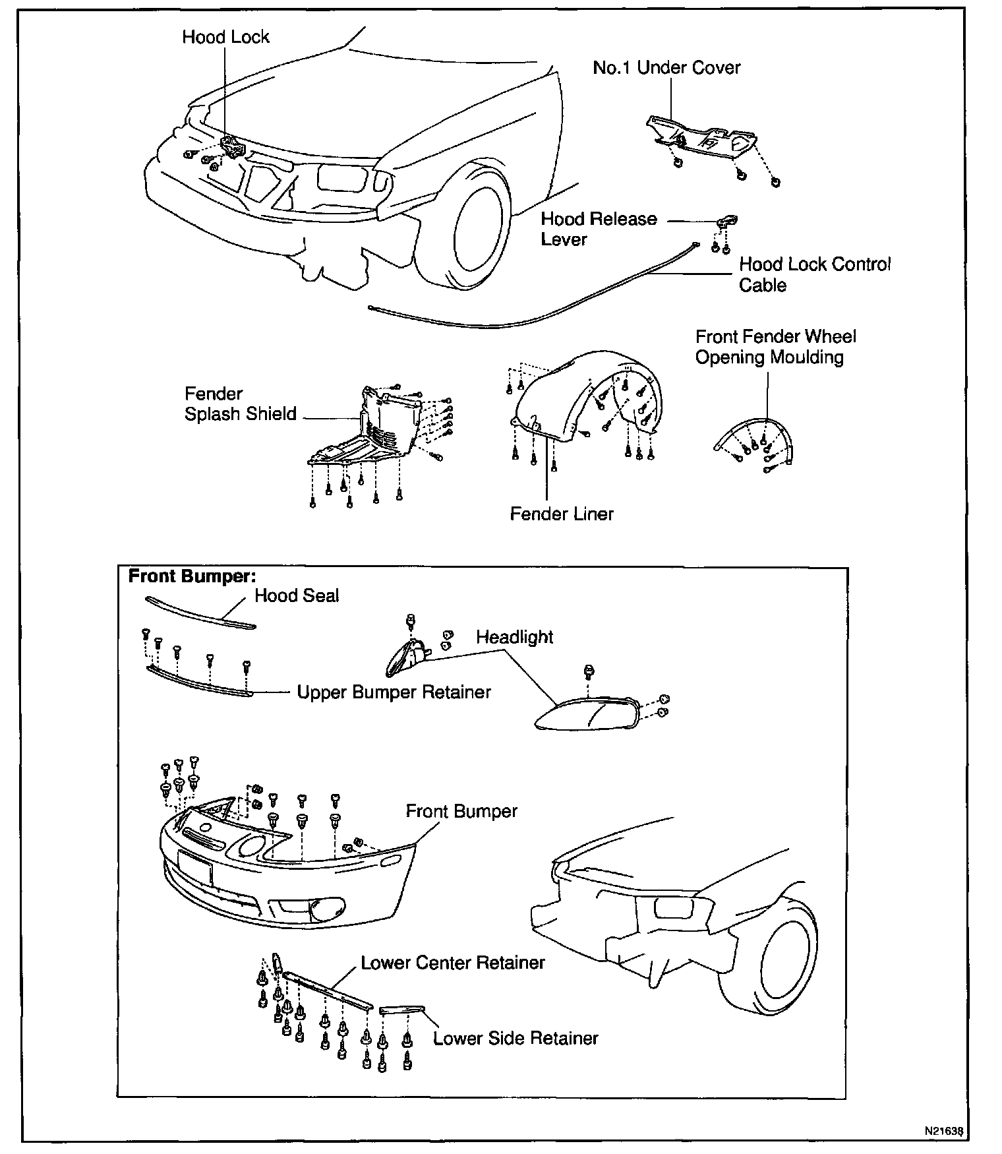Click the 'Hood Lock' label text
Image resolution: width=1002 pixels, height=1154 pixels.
225,37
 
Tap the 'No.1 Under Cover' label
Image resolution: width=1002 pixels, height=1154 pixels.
666,68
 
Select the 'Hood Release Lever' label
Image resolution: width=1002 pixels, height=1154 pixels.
599,229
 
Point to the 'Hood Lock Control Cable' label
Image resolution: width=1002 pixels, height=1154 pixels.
814,275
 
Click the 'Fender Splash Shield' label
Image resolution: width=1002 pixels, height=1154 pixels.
240,404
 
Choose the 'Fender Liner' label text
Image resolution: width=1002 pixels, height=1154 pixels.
562,514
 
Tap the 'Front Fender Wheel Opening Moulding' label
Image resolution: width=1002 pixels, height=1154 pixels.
775,347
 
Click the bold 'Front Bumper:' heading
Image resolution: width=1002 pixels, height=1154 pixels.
192,576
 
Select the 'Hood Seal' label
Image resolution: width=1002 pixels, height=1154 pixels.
297,596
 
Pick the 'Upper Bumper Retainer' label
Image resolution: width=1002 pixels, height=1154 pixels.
394,692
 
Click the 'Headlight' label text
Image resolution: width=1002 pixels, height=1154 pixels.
515,638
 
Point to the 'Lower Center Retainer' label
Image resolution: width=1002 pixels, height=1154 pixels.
453,963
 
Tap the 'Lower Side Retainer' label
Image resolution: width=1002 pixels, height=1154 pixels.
516,1039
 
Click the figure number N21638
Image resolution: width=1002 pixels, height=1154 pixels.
945,1131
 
